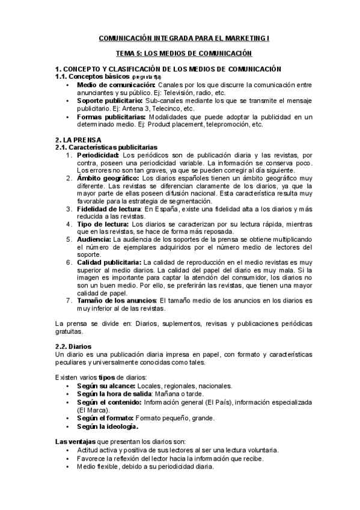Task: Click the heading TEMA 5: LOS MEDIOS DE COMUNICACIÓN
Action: [x=184, y=54]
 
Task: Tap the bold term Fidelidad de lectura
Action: [x=109, y=209]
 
